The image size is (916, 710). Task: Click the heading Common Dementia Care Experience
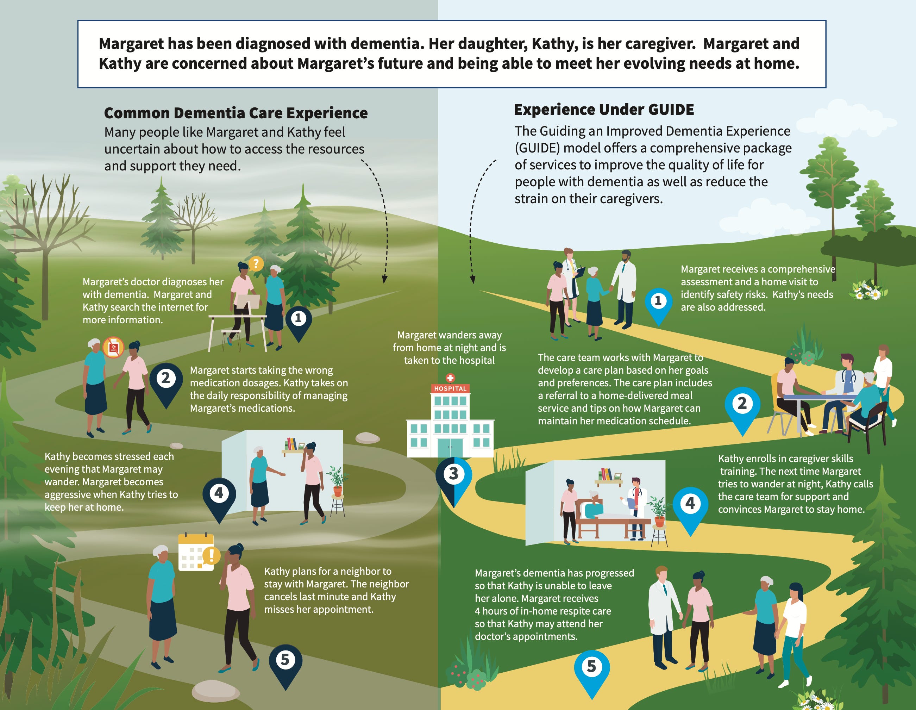click(236, 113)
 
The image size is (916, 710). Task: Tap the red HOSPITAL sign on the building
click(450, 388)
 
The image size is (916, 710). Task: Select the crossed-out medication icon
click(114, 348)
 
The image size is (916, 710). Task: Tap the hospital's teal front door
click(450, 447)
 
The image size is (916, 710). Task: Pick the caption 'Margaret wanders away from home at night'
click(449, 348)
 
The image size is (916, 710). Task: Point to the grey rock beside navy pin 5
click(215, 690)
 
